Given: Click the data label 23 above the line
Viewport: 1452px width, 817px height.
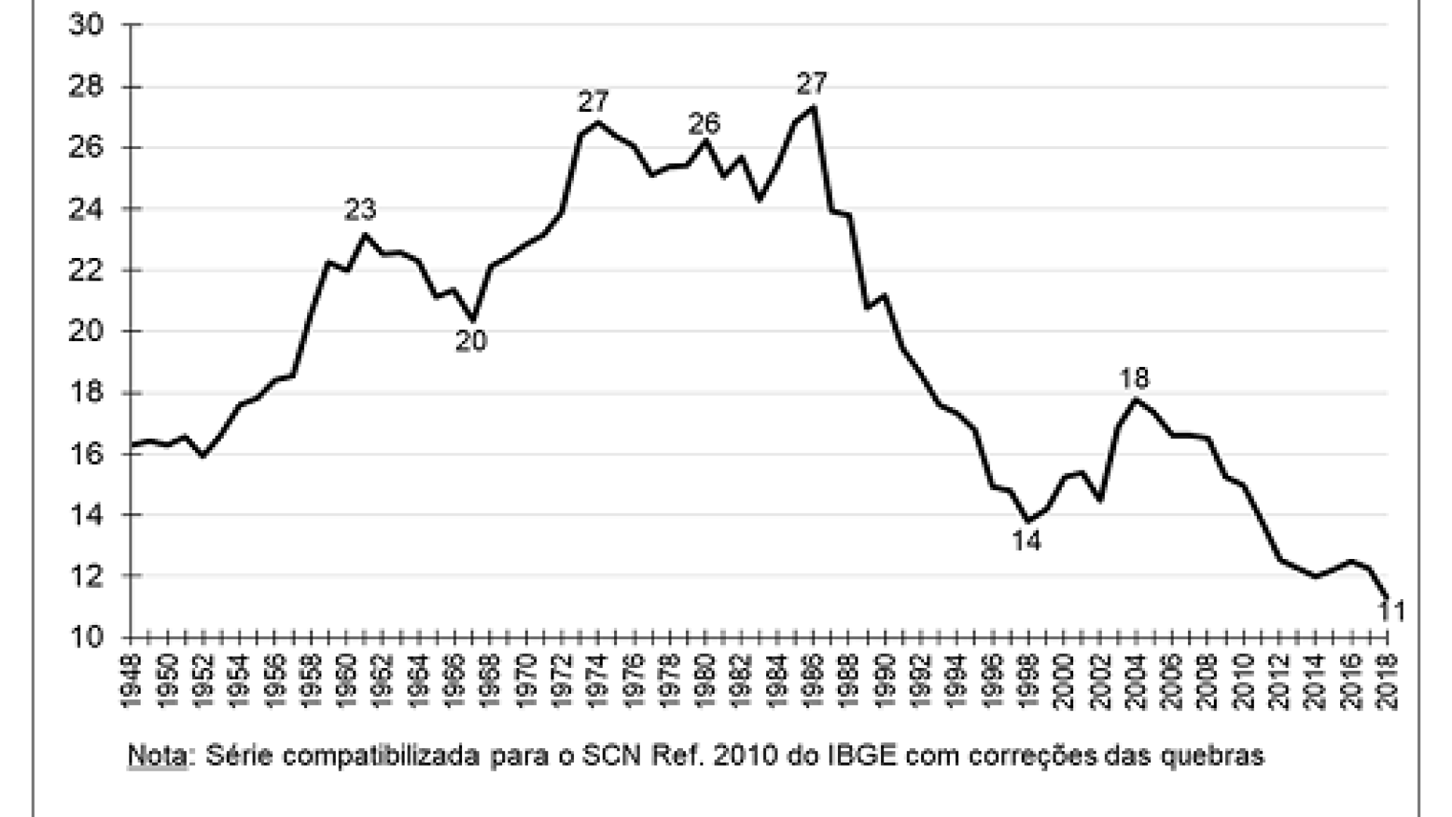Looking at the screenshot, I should point(361,210).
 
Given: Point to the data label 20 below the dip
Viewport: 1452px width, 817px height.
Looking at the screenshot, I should point(470,341).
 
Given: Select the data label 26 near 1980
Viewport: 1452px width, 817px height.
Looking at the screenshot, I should point(704,123).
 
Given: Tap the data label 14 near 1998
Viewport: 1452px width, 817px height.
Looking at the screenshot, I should point(1026,541).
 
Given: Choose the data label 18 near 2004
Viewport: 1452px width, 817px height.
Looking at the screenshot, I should point(1135,377).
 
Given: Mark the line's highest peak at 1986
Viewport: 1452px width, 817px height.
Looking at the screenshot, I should point(814,107).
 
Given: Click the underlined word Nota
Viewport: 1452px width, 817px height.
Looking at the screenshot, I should point(157,756).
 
